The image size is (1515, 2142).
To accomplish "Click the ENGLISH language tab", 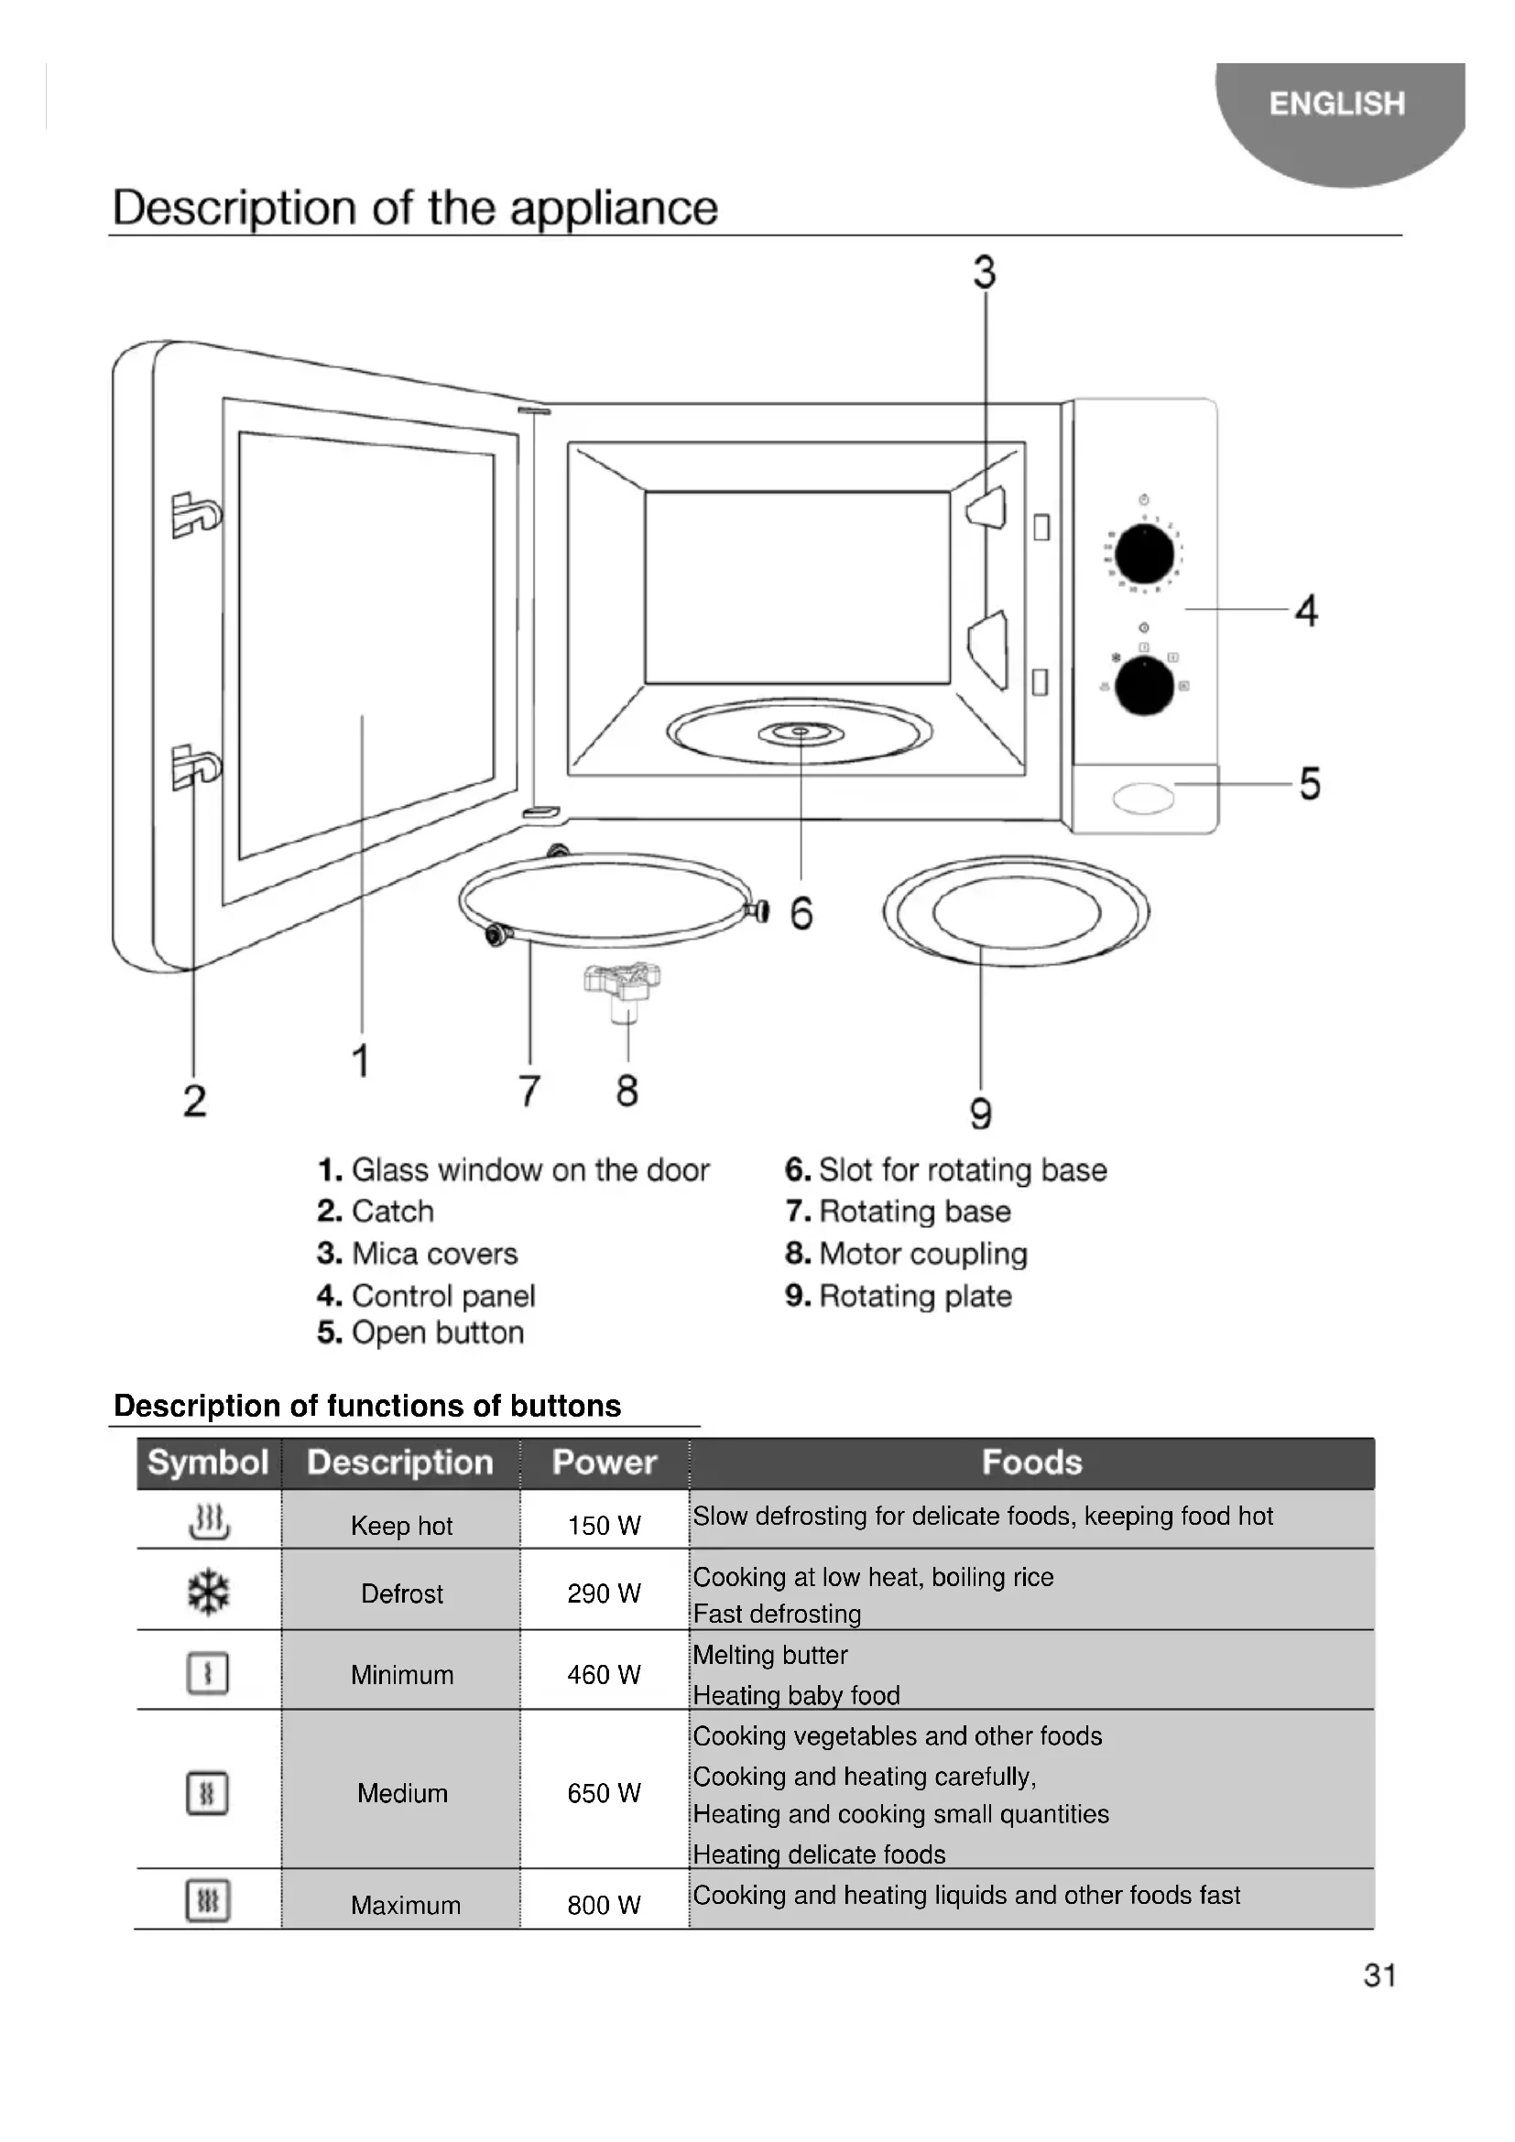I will coord(1335,103).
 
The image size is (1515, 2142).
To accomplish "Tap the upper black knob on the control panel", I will coord(1144,554).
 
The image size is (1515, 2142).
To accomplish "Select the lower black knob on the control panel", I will coord(1144,686).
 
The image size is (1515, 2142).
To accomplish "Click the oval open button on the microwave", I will coord(1143,799).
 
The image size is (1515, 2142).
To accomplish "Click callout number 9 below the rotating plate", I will coord(980,1113).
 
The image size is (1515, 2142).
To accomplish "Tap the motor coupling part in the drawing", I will coord(623,988).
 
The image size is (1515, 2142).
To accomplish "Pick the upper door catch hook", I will coord(195,514).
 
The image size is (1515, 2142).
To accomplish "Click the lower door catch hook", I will coord(195,766).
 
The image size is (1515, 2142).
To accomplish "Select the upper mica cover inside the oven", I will coord(988,508).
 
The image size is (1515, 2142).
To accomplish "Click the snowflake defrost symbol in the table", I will coord(208,1592).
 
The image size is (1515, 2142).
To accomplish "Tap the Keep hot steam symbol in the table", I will coord(209,1522).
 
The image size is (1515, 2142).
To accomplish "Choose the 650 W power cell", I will coord(604,1792).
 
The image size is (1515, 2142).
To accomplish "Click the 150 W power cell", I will coord(604,1526).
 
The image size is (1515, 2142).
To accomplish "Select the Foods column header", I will coord(1030,1462).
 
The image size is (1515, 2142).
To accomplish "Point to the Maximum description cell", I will coord(405,1905).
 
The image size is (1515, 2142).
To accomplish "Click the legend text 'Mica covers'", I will coord(434,1253).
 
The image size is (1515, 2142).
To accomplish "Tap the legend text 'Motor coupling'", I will coord(921,1253).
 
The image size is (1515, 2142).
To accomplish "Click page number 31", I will coord(1379,1974).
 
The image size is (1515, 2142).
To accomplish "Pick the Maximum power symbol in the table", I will coord(208,1901).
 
